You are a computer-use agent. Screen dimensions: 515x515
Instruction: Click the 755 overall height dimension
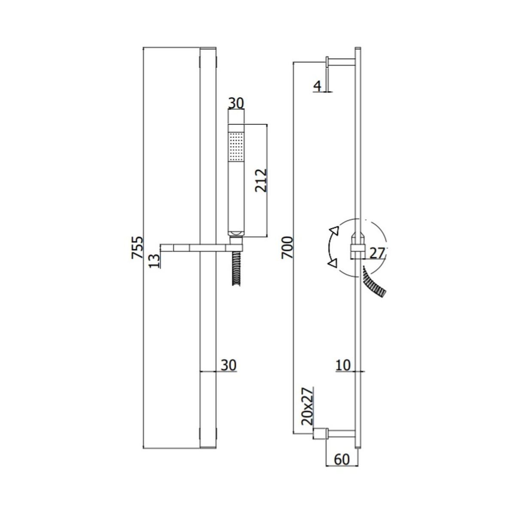pos(137,248)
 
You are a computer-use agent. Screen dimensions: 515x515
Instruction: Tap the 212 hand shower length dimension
pos(261,180)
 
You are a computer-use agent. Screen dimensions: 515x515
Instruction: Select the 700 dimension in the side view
pos(287,248)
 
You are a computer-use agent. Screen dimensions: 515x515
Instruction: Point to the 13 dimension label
pos(154,261)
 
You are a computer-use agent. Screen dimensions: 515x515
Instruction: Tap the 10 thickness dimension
pos(343,365)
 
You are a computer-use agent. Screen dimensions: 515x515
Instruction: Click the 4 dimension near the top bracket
pos(317,86)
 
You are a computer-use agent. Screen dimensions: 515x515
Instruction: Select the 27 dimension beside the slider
pos(377,253)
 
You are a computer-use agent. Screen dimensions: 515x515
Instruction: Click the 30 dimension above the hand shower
pos(236,103)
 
